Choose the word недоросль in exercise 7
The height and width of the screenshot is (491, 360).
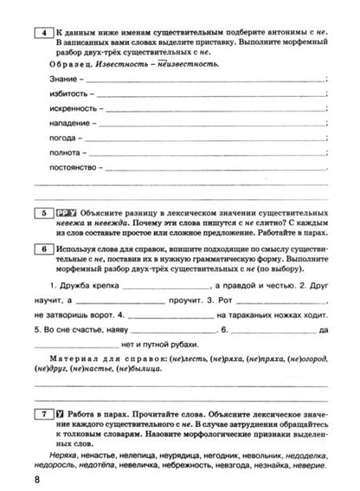(x=58, y=463)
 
